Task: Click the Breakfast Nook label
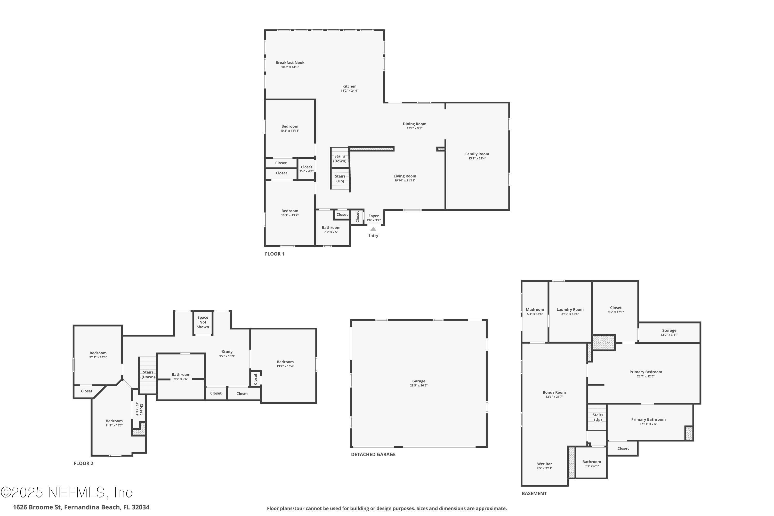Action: click(x=290, y=62)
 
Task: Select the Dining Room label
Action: click(x=414, y=124)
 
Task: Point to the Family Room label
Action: click(x=477, y=154)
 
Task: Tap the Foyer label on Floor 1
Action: click(x=374, y=216)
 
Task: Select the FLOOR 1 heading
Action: click(x=275, y=254)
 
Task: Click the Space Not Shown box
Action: click(x=203, y=323)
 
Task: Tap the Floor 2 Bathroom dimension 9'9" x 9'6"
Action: click(x=181, y=379)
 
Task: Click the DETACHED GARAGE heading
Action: click(x=373, y=454)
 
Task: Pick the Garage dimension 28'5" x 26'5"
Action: click(x=418, y=386)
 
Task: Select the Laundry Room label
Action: click(x=570, y=310)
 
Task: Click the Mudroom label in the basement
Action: click(x=535, y=310)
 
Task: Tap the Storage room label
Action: click(x=669, y=330)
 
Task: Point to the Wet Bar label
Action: click(x=544, y=464)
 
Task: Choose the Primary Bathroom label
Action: click(x=648, y=420)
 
